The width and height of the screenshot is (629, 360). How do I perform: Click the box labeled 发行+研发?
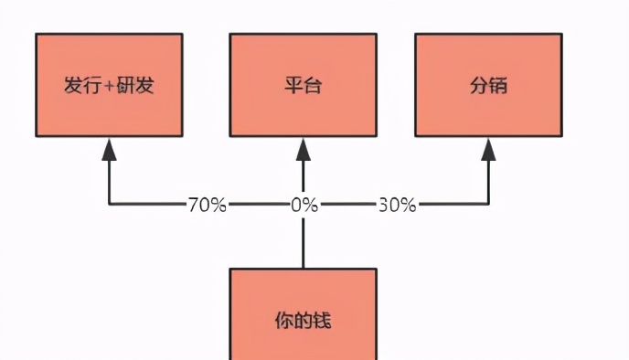click(109, 85)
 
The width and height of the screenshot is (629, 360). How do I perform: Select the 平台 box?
click(303, 85)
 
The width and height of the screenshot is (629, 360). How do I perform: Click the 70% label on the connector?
click(207, 205)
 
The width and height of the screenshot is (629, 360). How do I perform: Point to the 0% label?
click(304, 205)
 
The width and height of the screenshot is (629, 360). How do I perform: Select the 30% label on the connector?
click(397, 205)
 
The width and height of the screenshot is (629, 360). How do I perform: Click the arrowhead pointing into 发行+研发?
click(110, 149)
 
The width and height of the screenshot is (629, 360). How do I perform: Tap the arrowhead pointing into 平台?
click(304, 149)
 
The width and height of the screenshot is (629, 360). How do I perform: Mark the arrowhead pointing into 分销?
click(489, 149)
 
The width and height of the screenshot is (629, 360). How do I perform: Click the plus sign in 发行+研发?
click(109, 88)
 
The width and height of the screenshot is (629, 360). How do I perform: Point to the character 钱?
click(322, 321)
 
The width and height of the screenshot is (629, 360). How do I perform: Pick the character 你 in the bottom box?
click(283, 321)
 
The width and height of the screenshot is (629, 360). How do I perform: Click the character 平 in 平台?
click(293, 88)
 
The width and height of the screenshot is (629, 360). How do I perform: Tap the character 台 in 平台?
click(313, 88)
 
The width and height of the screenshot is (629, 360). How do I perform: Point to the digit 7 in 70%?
click(193, 205)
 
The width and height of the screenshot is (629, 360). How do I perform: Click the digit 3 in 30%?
click(383, 205)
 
